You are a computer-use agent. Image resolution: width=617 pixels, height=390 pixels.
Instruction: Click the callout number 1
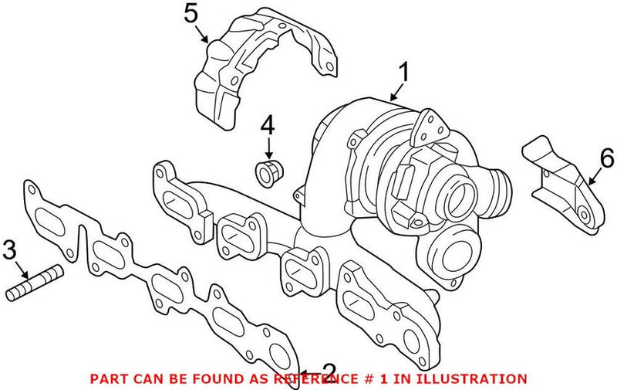(x=403, y=76)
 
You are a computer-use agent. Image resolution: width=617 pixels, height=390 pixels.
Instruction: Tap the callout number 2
(x=329, y=371)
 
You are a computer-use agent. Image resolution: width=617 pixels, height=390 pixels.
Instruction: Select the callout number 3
(x=9, y=249)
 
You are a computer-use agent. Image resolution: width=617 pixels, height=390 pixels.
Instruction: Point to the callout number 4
(x=268, y=123)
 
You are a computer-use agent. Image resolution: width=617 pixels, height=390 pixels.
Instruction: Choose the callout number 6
(x=606, y=160)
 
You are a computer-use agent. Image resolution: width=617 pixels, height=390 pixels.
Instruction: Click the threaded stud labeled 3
(x=35, y=282)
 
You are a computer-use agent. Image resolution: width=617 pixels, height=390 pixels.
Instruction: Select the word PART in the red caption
(x=106, y=379)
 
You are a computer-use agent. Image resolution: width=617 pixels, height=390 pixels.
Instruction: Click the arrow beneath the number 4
(x=268, y=147)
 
